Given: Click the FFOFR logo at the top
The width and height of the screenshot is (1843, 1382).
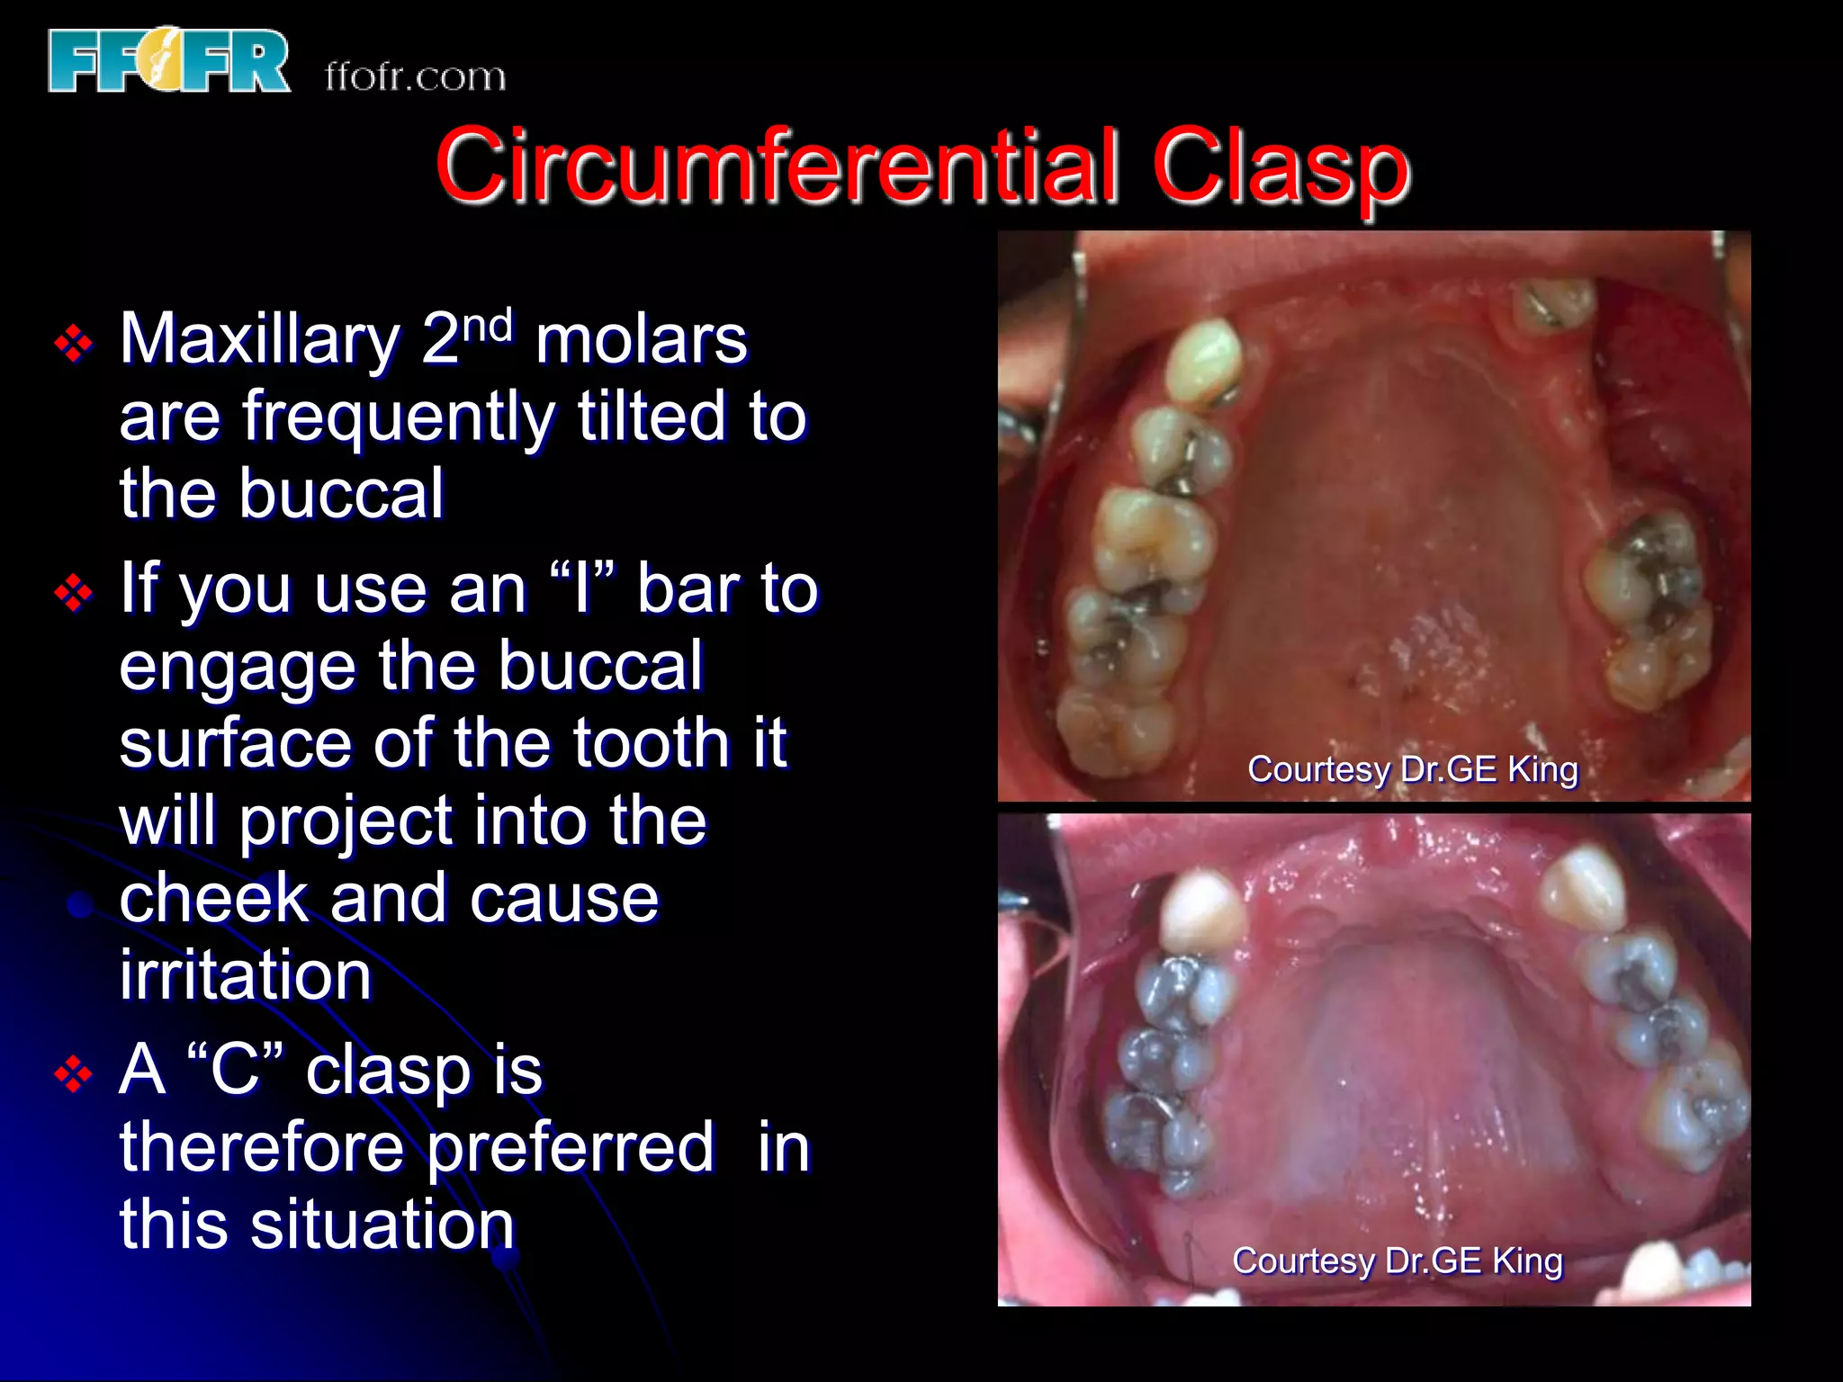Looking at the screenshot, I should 169,61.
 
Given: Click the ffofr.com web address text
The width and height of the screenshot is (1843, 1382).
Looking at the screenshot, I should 415,76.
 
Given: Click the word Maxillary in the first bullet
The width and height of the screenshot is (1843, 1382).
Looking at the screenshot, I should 260,340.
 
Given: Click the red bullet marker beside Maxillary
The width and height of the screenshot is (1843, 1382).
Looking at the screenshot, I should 74,344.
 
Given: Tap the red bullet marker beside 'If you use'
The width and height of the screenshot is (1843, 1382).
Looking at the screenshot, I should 74,593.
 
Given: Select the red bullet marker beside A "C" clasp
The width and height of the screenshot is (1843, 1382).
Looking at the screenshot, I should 74,1074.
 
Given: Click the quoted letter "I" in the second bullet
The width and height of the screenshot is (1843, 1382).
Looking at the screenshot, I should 581,587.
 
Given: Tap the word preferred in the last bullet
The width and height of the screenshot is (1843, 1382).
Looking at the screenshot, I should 571,1148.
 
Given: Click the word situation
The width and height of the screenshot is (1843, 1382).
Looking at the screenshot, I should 382,1225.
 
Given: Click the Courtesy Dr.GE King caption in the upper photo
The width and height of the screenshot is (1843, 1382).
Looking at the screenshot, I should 1412,769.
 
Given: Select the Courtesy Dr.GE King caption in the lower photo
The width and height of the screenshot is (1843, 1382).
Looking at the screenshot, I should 1397,1261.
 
